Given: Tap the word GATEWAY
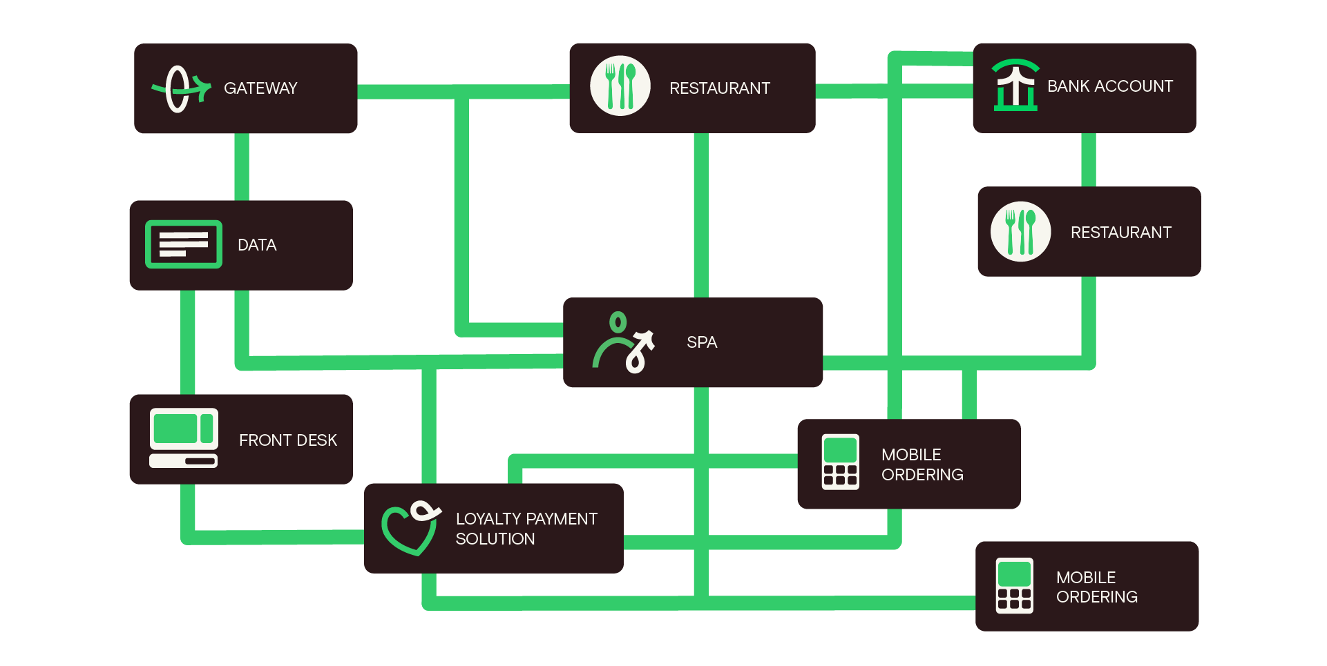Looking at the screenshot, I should (260, 88).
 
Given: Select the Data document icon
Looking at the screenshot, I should (184, 244).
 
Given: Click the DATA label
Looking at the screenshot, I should (257, 245).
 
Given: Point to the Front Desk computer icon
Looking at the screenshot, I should (184, 438).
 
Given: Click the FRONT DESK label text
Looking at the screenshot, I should (287, 440).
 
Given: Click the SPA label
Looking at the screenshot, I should (702, 342).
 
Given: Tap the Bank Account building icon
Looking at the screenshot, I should (1015, 86).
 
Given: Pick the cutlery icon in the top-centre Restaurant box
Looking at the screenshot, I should (620, 86).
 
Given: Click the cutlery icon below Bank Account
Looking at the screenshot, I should (1021, 232).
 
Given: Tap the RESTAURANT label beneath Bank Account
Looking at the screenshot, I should (1120, 233).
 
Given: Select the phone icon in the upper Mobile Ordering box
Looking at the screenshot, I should (841, 462).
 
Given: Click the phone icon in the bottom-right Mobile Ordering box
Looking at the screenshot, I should (1015, 585).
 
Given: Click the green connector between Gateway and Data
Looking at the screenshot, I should (242, 166).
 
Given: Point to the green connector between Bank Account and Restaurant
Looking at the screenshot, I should (1089, 159).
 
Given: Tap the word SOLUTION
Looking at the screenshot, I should (495, 539).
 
